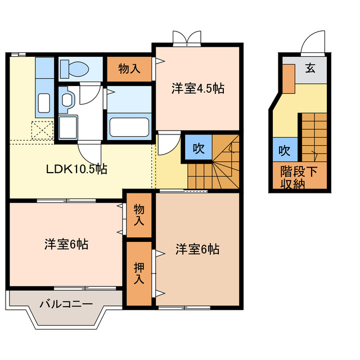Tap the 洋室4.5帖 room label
[198, 88]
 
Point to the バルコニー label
[66, 304]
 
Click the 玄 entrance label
[310, 69]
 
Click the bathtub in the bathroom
[129, 126]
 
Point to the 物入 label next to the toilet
[129, 69]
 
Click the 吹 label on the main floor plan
[198, 148]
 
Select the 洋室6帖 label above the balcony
[66, 245]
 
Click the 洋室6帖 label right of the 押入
[197, 249]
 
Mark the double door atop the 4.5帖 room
[186, 38]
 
